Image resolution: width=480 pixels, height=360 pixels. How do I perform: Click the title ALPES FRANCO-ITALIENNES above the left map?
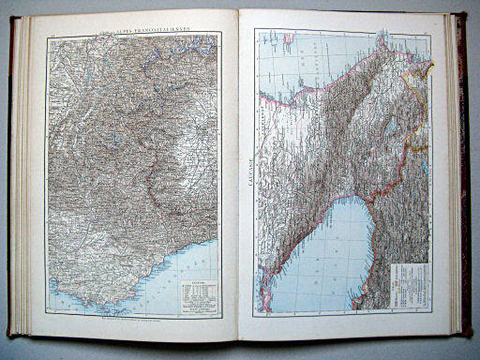point(138,27)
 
